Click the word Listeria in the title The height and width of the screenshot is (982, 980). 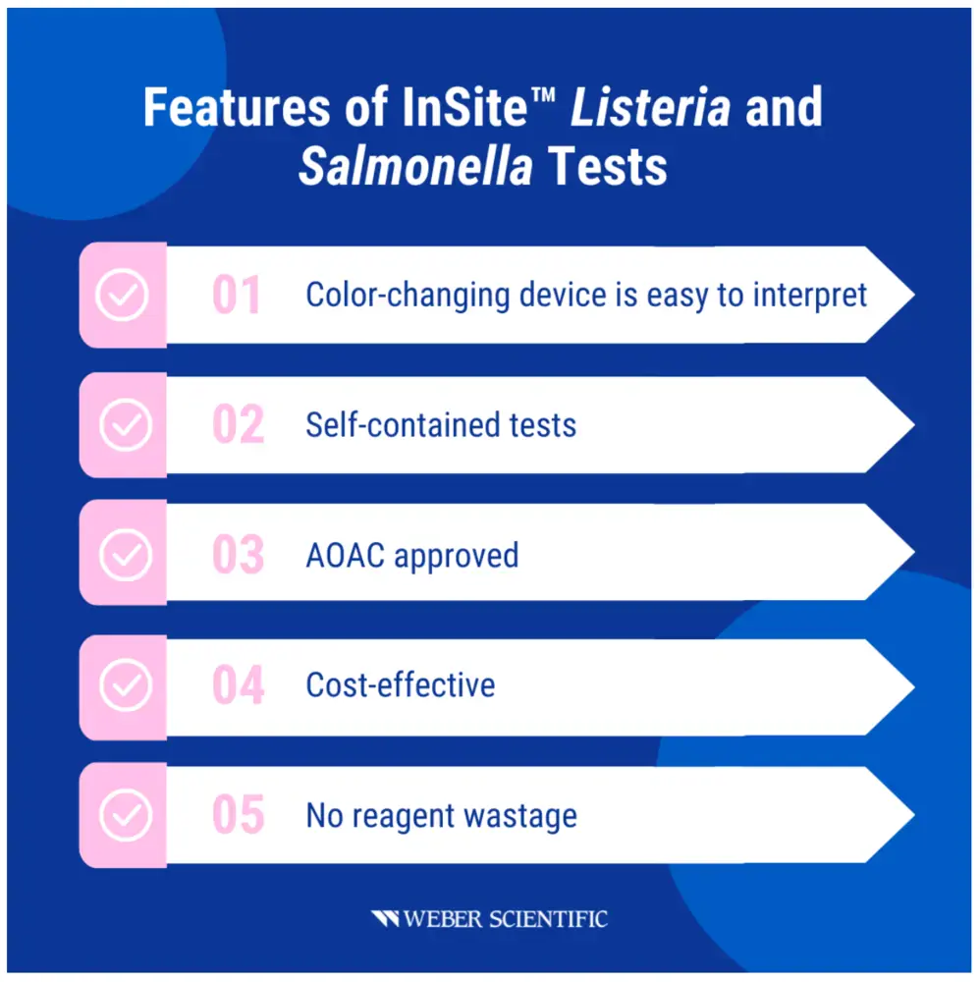650,107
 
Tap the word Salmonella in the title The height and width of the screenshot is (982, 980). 415,167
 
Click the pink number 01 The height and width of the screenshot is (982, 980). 236,295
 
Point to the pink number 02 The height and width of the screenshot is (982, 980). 238,424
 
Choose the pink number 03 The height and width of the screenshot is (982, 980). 238,554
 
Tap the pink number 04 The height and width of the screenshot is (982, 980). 238,684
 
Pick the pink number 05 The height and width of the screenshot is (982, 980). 238,815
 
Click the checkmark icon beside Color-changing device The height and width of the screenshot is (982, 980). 122,295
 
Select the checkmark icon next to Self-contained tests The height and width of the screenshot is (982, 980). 126,424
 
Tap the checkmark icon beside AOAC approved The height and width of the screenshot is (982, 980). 126,555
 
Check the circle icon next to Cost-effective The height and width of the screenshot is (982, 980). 126,685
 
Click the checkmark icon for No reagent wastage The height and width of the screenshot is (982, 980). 126,815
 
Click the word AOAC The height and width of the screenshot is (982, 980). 345,556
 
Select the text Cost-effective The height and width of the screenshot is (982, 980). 401,685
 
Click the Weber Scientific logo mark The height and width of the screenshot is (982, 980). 385,919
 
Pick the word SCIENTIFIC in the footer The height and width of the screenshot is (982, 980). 548,919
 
